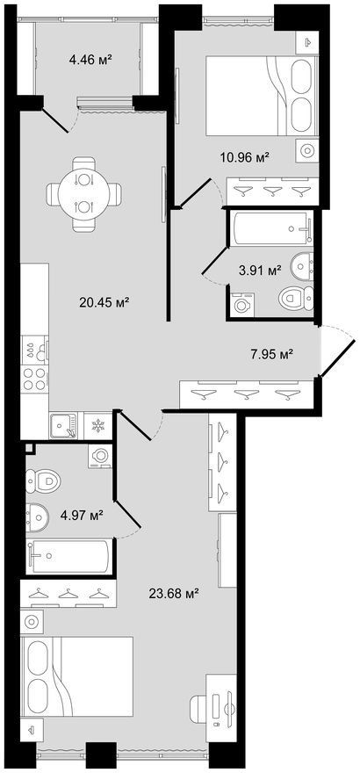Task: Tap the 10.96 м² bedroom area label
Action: [245, 158]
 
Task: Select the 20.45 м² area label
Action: [104, 301]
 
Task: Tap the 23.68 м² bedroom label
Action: [173, 594]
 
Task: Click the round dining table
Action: [83, 194]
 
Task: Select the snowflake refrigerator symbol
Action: [99, 425]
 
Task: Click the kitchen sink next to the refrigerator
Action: [63, 425]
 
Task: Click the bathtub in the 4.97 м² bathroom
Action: [69, 556]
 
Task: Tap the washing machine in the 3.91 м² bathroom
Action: [241, 304]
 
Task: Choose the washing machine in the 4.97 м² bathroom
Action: [101, 456]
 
